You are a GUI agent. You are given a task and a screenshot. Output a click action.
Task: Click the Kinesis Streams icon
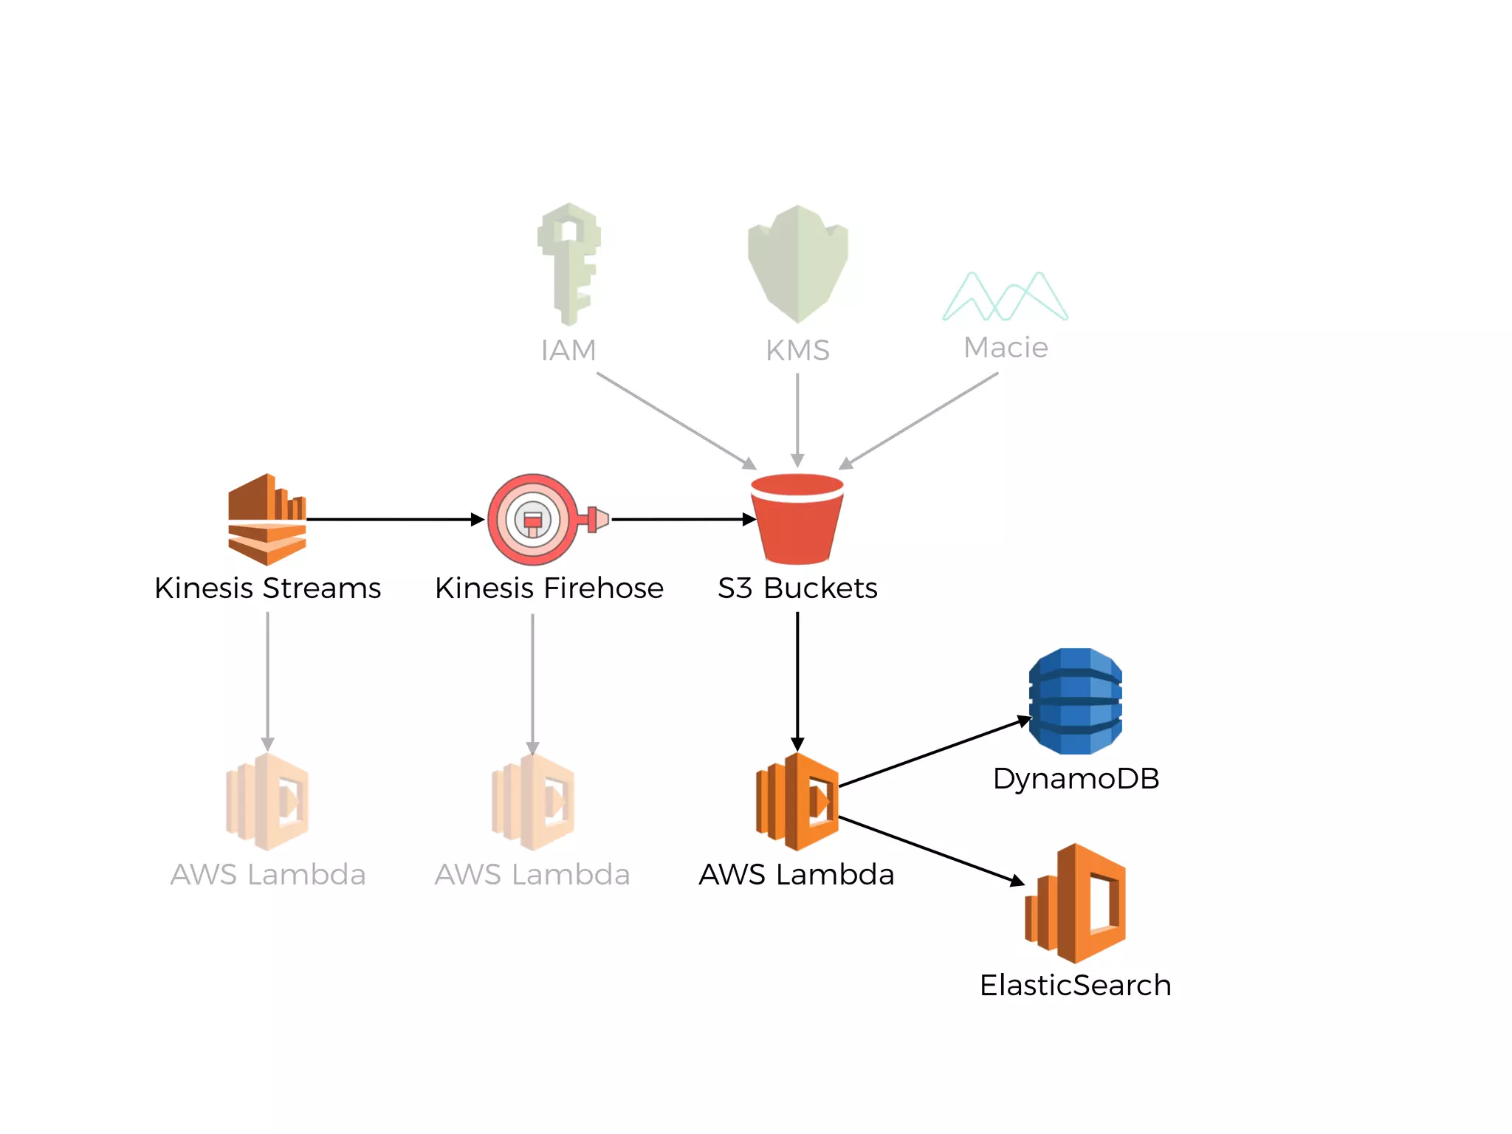point(267,519)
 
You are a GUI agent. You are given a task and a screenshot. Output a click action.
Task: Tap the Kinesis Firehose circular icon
point(533,519)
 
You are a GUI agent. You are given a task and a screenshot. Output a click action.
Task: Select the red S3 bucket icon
point(797,519)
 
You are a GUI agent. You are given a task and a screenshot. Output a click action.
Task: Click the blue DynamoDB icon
point(1075,701)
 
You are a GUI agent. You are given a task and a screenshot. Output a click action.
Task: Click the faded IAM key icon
point(569,264)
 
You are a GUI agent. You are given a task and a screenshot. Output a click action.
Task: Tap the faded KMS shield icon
point(797,264)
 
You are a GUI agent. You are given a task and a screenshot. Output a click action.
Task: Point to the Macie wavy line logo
point(1005,297)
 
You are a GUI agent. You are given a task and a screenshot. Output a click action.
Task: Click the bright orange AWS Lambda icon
point(797,802)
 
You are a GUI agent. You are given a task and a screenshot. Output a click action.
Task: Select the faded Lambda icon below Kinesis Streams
point(267,802)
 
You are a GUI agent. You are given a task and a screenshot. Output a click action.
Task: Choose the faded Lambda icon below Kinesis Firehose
point(533,802)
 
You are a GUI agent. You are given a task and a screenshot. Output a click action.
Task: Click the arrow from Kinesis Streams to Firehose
point(395,520)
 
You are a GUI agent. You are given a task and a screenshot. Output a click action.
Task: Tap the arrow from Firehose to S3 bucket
point(683,520)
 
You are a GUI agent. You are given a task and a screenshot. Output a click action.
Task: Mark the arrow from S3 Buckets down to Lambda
point(797,679)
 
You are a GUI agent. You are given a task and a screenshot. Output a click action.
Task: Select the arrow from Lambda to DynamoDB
point(934,752)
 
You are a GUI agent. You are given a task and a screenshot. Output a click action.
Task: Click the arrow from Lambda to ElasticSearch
point(930,850)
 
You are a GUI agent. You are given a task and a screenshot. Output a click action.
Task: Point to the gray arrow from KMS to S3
point(797,418)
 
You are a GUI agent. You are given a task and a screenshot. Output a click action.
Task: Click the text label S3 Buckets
point(797,588)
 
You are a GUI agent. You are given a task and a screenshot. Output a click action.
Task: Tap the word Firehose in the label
point(603,588)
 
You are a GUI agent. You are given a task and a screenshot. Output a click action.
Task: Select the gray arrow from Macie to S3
point(919,420)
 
